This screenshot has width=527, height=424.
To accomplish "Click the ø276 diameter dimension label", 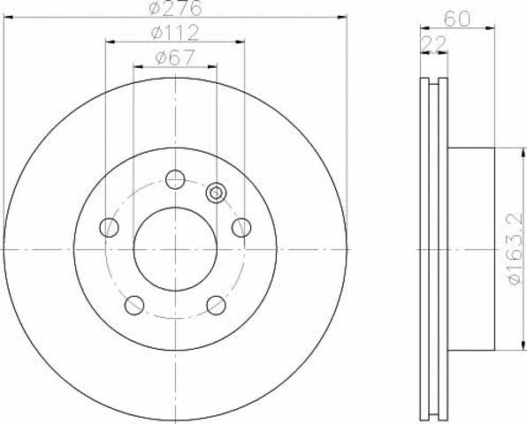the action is [175, 8].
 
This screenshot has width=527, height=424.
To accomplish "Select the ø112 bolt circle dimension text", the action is [175, 33].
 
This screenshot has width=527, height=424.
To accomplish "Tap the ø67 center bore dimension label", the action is [175, 57].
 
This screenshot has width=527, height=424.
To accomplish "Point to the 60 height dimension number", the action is [457, 19].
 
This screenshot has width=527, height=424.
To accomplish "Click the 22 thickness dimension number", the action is [433, 43].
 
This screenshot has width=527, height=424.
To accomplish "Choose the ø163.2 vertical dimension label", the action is [516, 249].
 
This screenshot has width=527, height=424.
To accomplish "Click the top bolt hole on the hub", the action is [175, 179].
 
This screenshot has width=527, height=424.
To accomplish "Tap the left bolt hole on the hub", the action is [110, 227].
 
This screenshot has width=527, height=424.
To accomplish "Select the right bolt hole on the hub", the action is [241, 227].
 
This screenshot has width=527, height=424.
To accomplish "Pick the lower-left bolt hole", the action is [134, 305].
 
